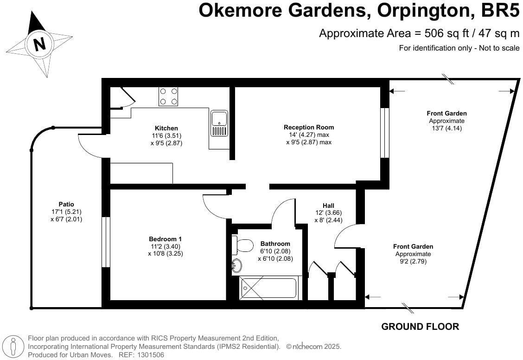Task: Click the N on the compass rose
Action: click(x=40, y=44)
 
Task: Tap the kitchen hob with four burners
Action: click(x=168, y=96)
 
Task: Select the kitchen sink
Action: click(x=219, y=123)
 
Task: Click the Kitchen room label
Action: click(x=166, y=129)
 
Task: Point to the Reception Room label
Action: click(x=309, y=127)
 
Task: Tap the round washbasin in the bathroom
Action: click(x=237, y=266)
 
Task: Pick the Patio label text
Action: click(x=66, y=204)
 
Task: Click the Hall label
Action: click(x=328, y=206)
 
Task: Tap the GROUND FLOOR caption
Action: click(x=420, y=327)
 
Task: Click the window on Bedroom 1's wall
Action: click(x=106, y=242)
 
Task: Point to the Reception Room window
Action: click(x=384, y=133)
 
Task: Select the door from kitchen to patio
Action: click(x=90, y=144)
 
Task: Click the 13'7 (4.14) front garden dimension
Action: click(x=446, y=128)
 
